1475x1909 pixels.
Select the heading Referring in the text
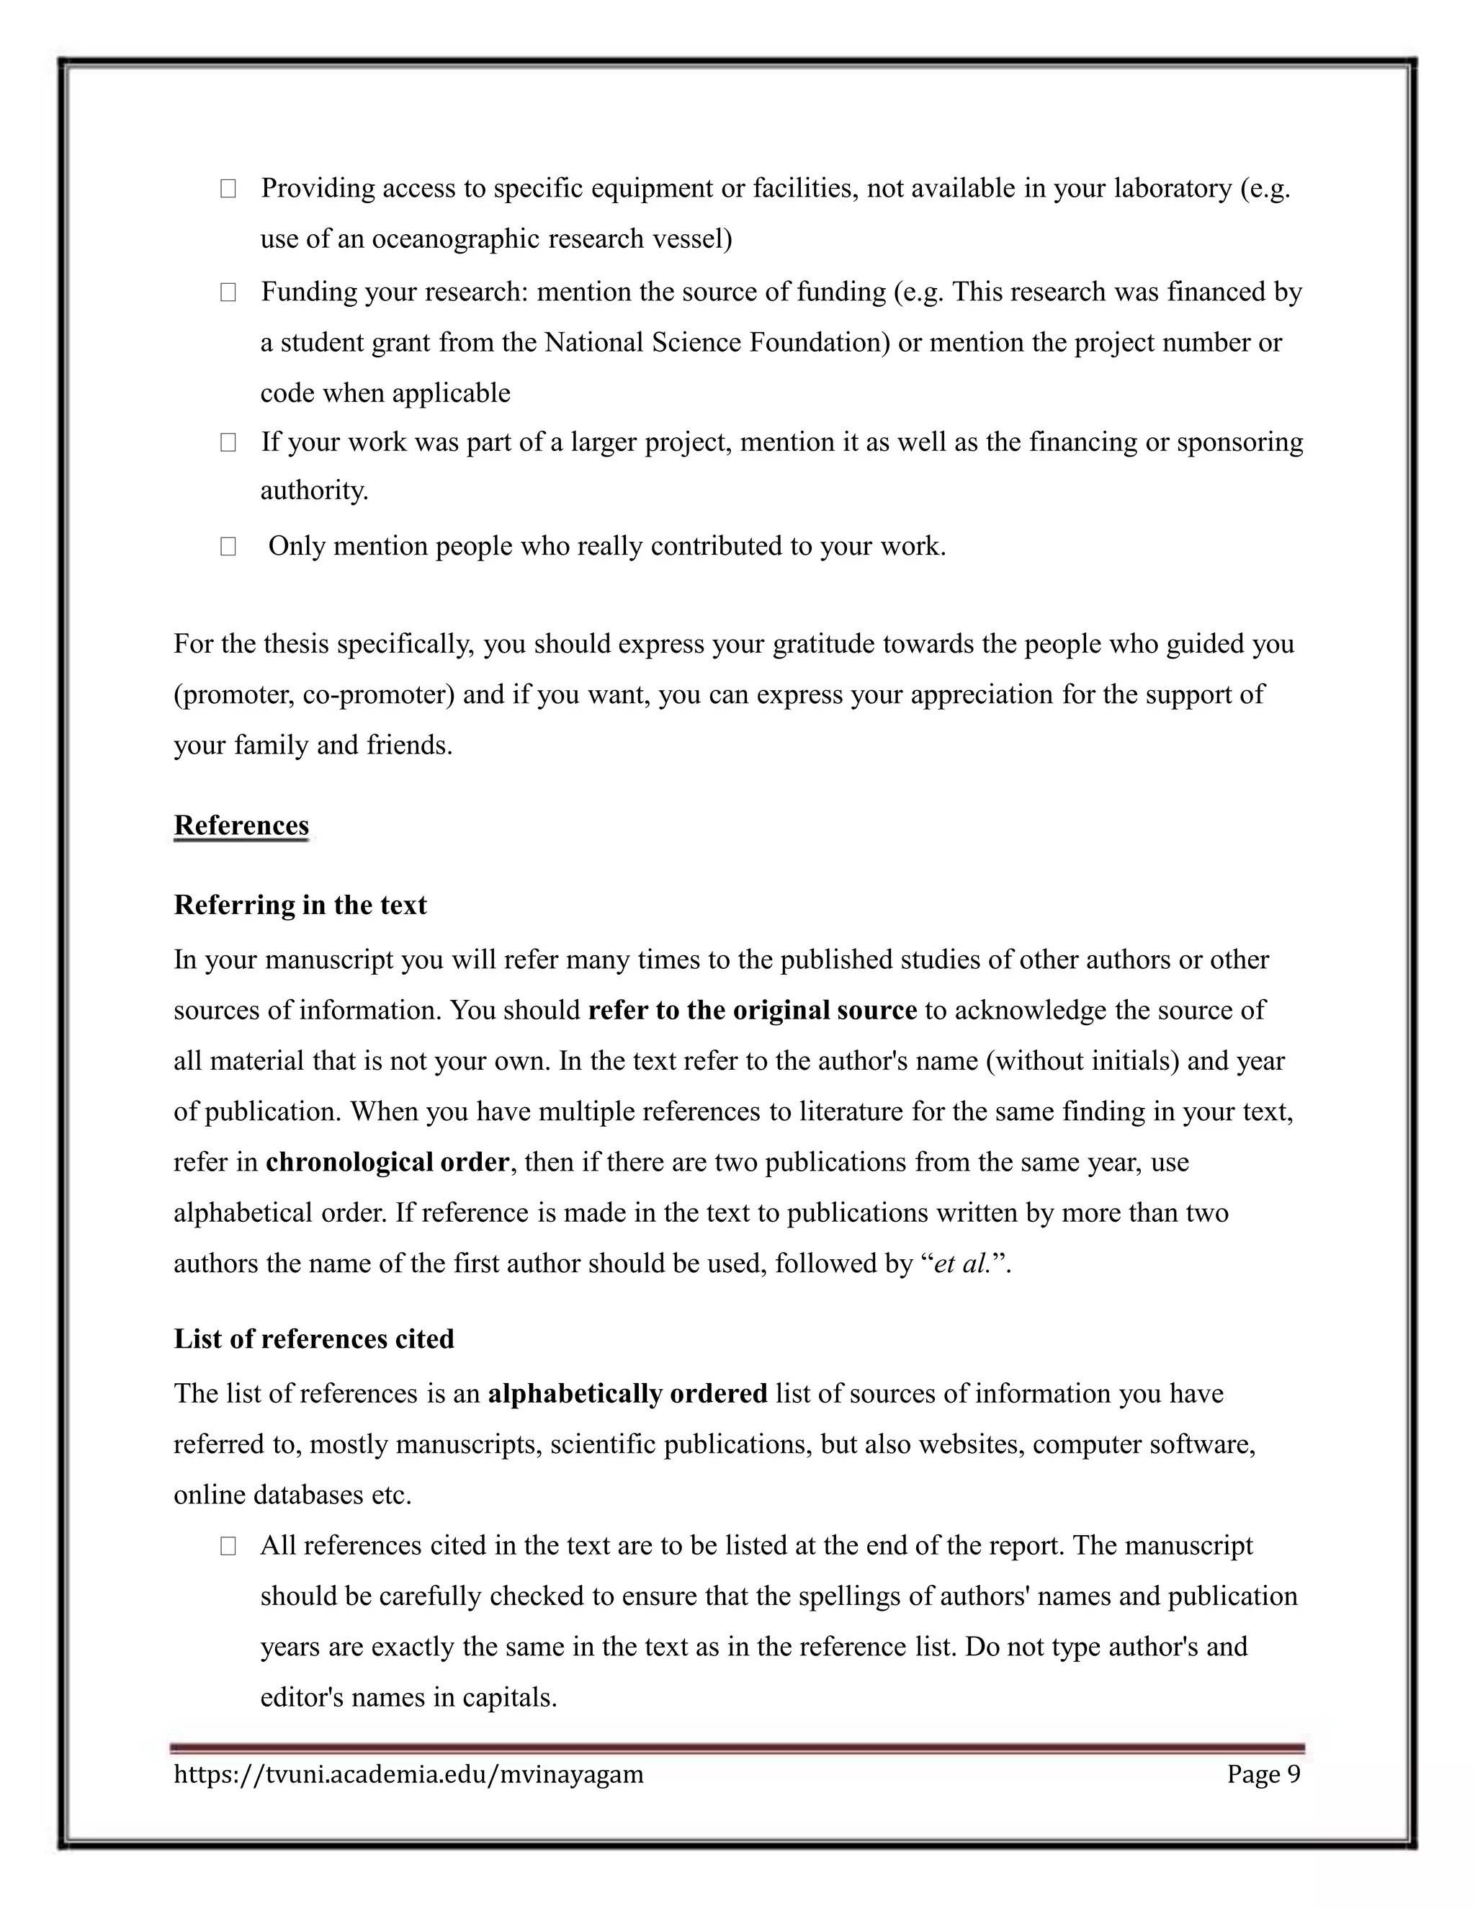coord(300,905)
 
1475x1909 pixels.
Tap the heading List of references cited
coord(314,1339)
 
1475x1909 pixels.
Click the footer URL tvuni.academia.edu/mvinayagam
coord(408,1774)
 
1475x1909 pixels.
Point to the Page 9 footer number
coord(1263,1774)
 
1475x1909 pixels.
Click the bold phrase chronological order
coord(387,1163)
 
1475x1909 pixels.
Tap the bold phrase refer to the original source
coord(753,1011)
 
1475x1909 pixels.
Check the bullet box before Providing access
coord(228,189)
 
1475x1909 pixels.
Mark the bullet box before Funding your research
coord(228,292)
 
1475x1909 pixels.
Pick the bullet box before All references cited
coord(228,1546)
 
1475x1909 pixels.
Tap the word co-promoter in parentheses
coord(375,695)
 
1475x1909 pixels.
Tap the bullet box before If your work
coord(228,442)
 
